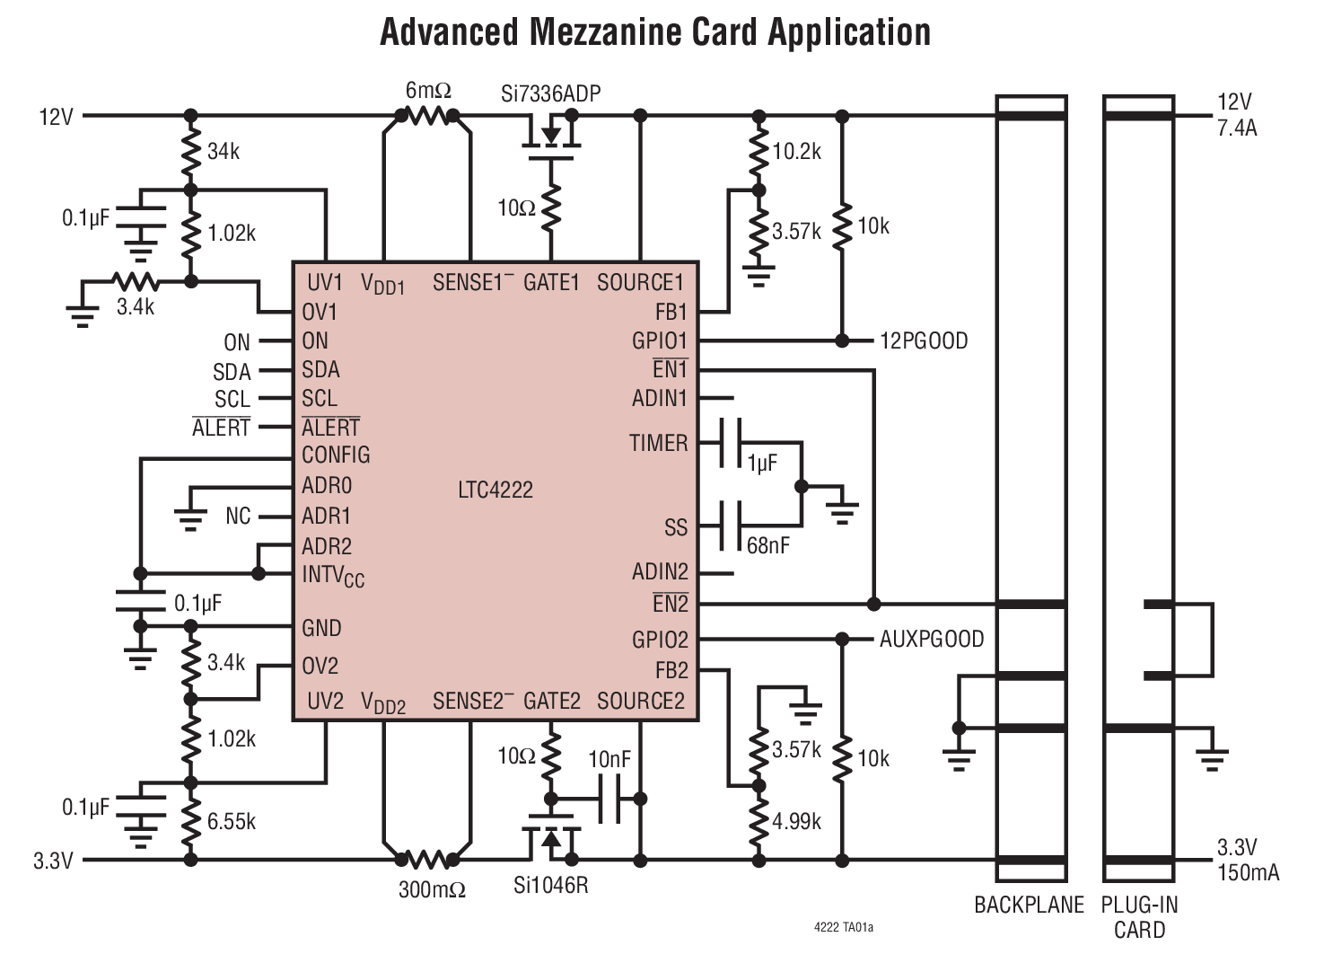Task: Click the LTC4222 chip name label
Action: point(495,490)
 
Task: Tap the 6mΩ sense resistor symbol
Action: point(427,116)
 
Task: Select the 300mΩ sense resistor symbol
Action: point(427,861)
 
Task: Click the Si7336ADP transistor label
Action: point(551,93)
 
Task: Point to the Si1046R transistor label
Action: point(550,886)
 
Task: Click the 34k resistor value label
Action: point(224,151)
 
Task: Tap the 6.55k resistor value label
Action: point(232,821)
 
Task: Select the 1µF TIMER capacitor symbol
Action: point(730,443)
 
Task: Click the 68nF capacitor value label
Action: point(768,545)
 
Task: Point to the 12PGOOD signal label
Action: point(924,341)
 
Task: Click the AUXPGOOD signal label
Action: point(932,640)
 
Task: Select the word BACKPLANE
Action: point(1029,905)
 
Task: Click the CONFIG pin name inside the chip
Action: point(336,455)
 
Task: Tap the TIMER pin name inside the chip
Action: point(658,443)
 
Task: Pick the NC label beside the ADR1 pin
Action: point(238,517)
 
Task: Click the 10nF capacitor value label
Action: point(609,760)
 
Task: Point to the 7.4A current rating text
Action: point(1237,128)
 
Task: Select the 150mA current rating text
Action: point(1248,872)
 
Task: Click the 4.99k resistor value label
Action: point(797,821)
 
